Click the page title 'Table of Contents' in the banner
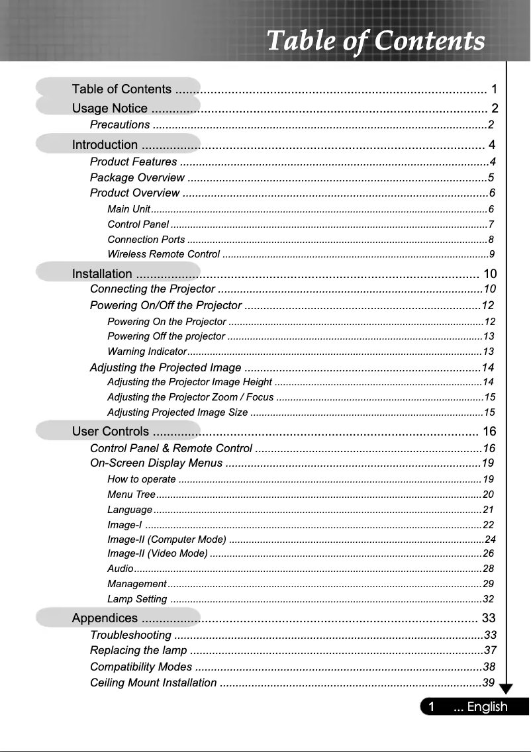[x=375, y=41]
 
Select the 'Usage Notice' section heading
[x=110, y=109]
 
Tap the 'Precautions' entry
[x=120, y=125]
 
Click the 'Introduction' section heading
[x=105, y=145]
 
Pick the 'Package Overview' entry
[x=137, y=177]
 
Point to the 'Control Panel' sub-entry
[x=138, y=224]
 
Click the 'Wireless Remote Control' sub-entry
[x=164, y=254]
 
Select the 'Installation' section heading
[x=102, y=274]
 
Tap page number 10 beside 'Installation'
[x=491, y=274]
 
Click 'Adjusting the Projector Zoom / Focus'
[x=191, y=397]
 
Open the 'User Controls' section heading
[x=111, y=432]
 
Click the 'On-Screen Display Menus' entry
[x=156, y=463]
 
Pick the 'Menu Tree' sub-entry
[x=131, y=494]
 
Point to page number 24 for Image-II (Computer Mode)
[x=490, y=539]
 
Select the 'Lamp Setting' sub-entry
[x=137, y=600]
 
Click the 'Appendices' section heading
[x=105, y=618]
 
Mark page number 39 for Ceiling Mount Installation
[x=489, y=683]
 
